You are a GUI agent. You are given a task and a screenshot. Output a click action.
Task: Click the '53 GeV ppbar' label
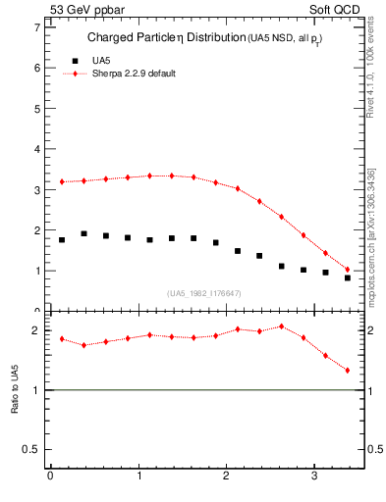pos(84,9)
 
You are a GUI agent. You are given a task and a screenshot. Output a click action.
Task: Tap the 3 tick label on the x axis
pos(313,477)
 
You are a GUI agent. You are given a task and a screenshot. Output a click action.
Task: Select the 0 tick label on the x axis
pos(50,477)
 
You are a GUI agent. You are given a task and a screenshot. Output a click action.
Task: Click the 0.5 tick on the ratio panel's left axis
pos(31,450)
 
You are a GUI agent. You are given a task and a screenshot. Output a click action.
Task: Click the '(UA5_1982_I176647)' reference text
pos(202,293)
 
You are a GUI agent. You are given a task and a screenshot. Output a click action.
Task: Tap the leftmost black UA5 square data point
pos(62,239)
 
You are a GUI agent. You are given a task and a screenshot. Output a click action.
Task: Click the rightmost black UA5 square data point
pos(348,277)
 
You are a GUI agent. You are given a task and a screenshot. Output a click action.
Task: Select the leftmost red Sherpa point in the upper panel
pos(62,181)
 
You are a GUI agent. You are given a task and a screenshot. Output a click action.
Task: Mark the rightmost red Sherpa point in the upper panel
pos(348,269)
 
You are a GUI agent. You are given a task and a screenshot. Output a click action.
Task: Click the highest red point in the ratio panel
pos(282,326)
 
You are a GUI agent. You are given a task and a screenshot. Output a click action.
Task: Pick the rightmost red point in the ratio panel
pos(348,371)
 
